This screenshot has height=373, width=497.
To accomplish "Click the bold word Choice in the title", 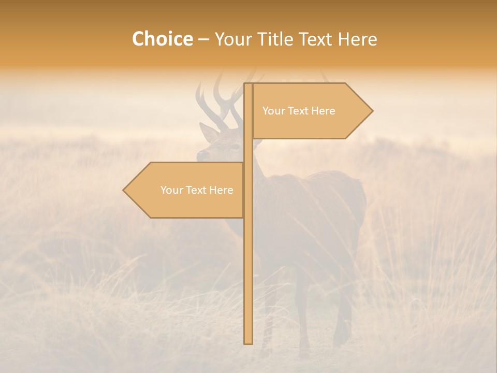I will coord(162,39).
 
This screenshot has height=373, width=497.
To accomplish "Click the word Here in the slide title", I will coord(357,39).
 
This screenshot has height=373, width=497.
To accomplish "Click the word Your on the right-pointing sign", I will coord(273,111).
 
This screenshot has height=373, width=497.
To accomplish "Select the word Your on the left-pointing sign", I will coord(171,190).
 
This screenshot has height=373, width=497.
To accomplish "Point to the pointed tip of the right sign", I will coord(372,111).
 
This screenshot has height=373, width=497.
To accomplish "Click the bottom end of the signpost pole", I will coord(248,342).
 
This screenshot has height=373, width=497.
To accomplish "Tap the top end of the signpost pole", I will coord(248,84).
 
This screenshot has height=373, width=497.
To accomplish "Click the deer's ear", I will coord(209,133).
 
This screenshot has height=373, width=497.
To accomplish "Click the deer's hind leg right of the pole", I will coord(343,311).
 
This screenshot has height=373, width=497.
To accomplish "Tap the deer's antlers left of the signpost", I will coord(220,101).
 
